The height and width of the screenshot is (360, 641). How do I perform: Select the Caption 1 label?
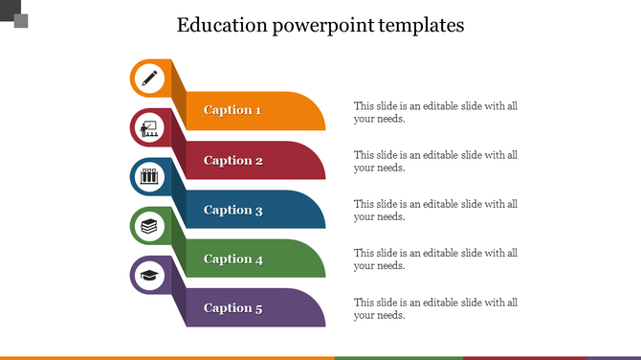232,110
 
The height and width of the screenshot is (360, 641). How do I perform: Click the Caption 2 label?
233,161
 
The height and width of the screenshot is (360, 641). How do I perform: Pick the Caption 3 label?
233,210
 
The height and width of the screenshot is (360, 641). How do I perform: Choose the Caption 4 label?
233,259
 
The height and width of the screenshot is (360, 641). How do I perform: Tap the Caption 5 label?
232,308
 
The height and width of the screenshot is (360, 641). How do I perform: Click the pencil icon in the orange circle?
148,78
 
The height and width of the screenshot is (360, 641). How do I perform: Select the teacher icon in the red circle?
148,126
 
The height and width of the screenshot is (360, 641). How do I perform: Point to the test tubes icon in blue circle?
148,176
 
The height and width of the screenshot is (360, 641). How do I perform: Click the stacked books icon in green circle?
148,226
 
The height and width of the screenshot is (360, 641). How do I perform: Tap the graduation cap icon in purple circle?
148,276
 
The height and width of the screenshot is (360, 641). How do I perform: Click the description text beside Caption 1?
435,112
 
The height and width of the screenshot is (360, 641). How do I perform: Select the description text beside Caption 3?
435,210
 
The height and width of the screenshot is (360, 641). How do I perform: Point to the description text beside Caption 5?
435,308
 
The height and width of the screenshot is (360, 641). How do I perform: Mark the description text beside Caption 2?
435,161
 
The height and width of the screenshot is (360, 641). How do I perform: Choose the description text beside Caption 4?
435,259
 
